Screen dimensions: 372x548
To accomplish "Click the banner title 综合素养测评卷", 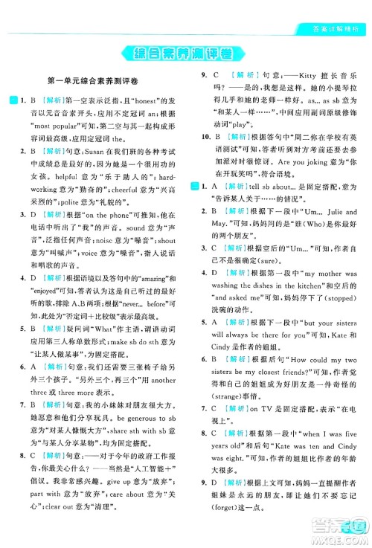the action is point(185,54).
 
